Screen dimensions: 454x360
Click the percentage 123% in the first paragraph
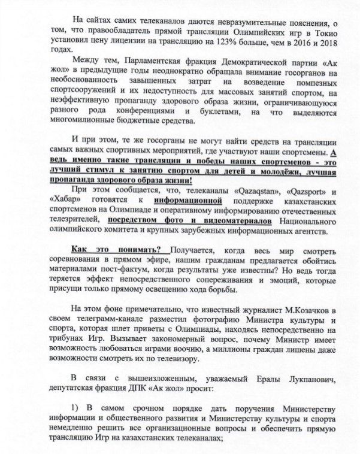(234, 43)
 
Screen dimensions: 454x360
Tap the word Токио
(326, 33)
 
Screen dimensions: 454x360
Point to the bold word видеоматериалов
(225, 221)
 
